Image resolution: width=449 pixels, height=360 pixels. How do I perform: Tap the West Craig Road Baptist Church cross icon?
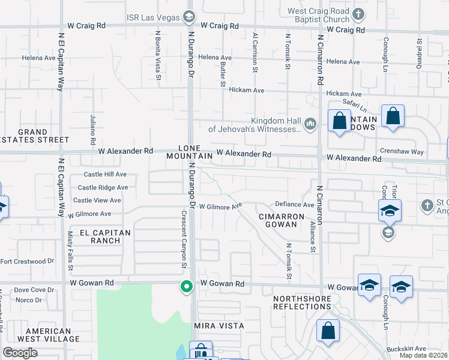pos(358,14)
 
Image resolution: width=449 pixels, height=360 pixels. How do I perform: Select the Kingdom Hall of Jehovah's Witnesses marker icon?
pos(310,124)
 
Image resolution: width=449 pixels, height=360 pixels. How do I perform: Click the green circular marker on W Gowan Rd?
pos(187,287)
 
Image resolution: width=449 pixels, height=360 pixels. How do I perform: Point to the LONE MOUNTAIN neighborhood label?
pos(196,151)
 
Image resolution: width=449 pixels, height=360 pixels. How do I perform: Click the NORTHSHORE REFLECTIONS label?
pos(302,302)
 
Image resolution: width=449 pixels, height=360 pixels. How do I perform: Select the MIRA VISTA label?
pos(218,325)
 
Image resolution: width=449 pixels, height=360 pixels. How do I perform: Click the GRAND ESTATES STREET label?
pos(35,136)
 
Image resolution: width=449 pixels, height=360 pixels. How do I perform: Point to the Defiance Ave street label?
pos(295,205)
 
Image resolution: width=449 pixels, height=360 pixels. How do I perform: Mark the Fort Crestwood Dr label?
pos(27,261)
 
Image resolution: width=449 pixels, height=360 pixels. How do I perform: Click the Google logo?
pos(20,353)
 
